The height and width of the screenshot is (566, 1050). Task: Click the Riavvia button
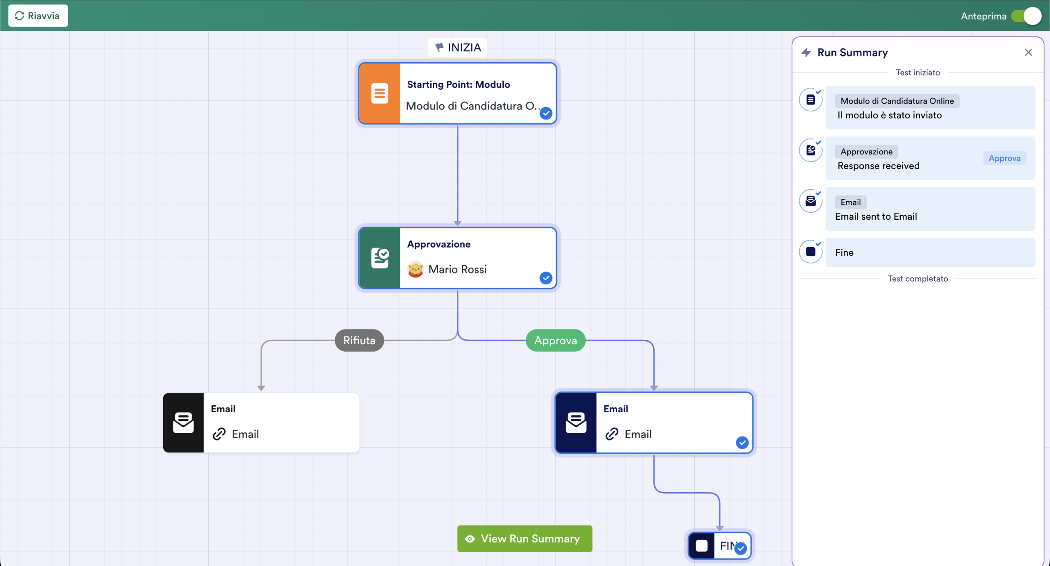38,16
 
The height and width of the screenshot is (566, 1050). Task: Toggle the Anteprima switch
1026,16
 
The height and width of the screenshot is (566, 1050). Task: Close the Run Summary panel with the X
1028,52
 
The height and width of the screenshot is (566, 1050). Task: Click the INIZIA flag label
458,48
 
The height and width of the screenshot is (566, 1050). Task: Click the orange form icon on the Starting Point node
379,93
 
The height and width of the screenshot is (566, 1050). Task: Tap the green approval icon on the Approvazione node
379,258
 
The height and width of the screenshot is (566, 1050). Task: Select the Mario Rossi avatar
415,269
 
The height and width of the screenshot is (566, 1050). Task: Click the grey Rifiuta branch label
359,340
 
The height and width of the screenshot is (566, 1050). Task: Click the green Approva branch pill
556,340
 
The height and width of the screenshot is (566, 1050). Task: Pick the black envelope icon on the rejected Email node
183,423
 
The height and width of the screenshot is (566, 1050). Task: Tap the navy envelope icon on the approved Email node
576,423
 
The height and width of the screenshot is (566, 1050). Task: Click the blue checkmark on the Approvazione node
546,278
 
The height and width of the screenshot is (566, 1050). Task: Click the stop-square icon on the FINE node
702,546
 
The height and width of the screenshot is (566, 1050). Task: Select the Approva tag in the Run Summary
1004,158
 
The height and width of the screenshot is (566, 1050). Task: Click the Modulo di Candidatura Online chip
897,101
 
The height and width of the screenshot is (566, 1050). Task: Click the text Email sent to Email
876,216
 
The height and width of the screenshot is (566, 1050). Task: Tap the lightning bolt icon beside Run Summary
806,52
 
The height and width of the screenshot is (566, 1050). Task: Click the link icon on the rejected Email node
219,434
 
